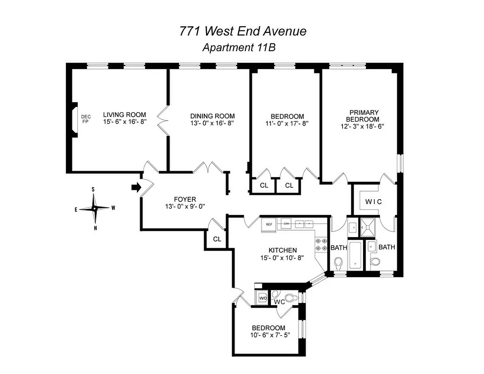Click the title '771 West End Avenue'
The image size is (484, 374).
tap(243, 31)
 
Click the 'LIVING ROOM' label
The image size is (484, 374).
tap(124, 115)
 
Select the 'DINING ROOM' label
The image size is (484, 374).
tap(212, 116)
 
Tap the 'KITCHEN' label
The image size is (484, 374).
tap(282, 251)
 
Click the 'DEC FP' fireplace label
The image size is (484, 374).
tap(85, 119)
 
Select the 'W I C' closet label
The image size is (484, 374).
tap(374, 202)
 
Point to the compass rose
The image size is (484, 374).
tap(94, 209)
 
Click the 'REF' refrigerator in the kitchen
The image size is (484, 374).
tap(269, 224)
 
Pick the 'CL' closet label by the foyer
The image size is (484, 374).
tap(217, 239)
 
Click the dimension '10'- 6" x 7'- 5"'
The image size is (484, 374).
tap(268, 335)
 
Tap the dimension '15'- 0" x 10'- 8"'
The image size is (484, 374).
tap(282, 258)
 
